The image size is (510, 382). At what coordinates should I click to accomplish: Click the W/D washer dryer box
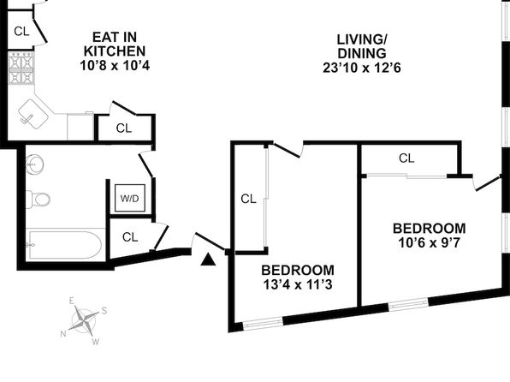pyautogui.click(x=129, y=199)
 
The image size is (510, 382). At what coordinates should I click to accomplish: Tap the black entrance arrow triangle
pyautogui.click(x=208, y=260)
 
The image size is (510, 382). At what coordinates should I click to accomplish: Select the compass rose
pyautogui.click(x=84, y=321)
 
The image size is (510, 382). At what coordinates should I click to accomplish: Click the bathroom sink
pyautogui.click(x=35, y=164)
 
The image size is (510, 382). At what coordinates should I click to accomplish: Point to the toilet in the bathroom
pyautogui.click(x=38, y=199)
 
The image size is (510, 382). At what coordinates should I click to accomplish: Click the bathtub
pyautogui.click(x=64, y=245)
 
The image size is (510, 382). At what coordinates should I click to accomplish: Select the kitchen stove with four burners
pyautogui.click(x=21, y=68)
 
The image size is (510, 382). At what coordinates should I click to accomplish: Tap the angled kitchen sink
pyautogui.click(x=33, y=114)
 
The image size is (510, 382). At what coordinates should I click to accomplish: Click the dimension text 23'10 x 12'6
pyautogui.click(x=362, y=68)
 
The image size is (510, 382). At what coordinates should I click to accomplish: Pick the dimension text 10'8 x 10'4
pyautogui.click(x=115, y=65)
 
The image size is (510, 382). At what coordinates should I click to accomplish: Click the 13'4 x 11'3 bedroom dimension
pyautogui.click(x=298, y=284)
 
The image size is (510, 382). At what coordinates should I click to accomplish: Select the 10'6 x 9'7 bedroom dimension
pyautogui.click(x=429, y=242)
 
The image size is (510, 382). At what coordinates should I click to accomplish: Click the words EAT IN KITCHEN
pyautogui.click(x=115, y=45)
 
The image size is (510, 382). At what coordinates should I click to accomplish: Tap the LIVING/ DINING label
pyautogui.click(x=362, y=46)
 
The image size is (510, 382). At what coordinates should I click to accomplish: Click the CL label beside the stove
pyautogui.click(x=21, y=32)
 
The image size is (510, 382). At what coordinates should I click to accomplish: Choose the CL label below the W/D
pyautogui.click(x=130, y=237)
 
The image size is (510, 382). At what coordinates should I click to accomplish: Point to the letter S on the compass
pyautogui.click(x=104, y=311)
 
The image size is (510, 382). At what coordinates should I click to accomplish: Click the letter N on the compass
pyautogui.click(x=63, y=333)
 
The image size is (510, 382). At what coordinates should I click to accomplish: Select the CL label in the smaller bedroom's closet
pyautogui.click(x=406, y=158)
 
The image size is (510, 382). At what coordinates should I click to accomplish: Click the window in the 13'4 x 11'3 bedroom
pyautogui.click(x=264, y=323)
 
